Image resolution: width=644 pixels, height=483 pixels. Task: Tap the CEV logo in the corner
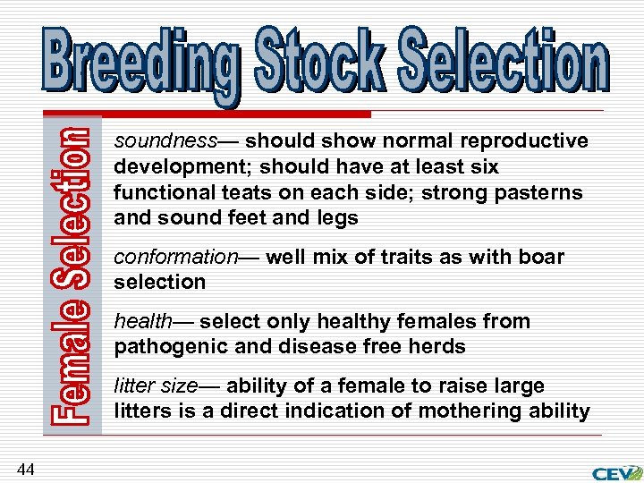pos(617,472)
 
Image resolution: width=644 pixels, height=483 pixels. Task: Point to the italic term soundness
pos(165,141)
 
